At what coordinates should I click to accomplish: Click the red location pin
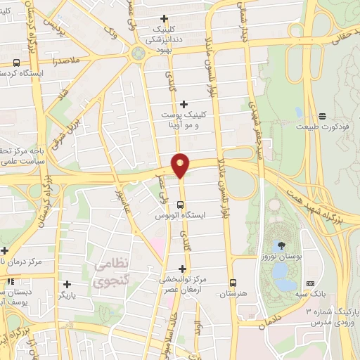coord(181,165)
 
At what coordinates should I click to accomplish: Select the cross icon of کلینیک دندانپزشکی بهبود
coord(165,18)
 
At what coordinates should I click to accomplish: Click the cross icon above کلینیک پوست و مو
coord(184,104)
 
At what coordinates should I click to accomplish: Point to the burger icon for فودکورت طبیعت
coord(322,116)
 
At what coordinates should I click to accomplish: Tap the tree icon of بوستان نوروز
coord(281,245)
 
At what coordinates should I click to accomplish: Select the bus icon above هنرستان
coord(232,283)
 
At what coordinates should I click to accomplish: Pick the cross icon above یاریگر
coord(67,285)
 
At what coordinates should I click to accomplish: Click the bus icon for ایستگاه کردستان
coord(16,63)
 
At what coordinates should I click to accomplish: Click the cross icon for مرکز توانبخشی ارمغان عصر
coord(184,268)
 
